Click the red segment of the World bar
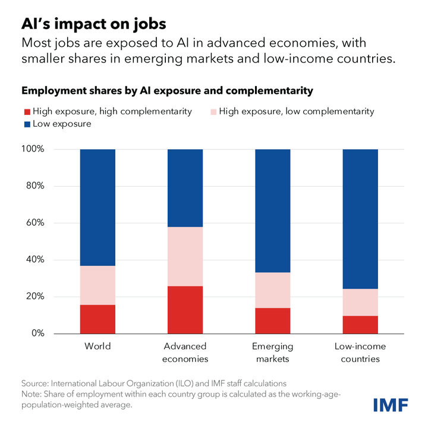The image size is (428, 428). coord(97,319)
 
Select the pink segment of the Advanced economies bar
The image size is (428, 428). coord(185,256)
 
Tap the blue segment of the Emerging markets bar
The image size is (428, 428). coord(273,210)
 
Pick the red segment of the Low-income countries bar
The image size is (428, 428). coord(360,325)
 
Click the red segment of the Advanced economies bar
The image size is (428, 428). coord(185,310)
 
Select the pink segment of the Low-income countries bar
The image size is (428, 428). coord(360,302)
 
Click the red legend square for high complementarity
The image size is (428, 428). coord(26,111)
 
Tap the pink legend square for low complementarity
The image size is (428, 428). coord(215,111)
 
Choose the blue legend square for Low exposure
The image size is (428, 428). coord(26,124)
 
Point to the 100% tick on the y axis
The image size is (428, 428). coord(33,149)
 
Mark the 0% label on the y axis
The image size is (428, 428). coord(37,333)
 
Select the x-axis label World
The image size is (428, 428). coord(97,346)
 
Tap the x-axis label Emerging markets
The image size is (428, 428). coord(273,353)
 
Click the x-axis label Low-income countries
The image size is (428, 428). coord(360,353)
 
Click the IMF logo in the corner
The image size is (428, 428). coord(390,405)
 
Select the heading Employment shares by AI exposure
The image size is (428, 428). coord(167,91)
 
